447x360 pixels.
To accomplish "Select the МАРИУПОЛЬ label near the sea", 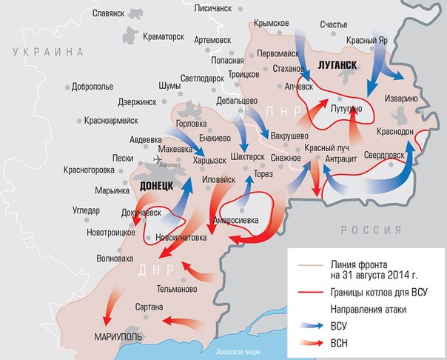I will [x=119, y=336].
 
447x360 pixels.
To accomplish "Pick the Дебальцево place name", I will [x=237, y=100].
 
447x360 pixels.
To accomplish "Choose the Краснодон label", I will [x=395, y=131].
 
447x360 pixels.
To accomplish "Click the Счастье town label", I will [x=333, y=24].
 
